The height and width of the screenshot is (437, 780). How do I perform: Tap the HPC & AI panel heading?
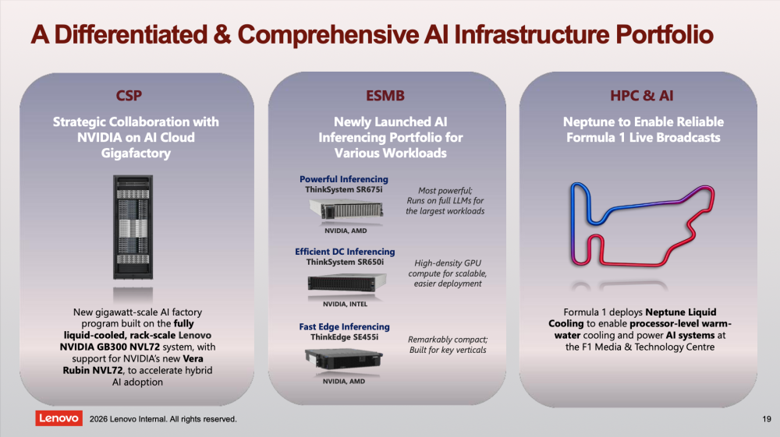pos(642,97)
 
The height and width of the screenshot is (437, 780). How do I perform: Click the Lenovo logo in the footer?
pos(58,418)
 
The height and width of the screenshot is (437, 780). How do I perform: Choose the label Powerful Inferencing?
pos(344,179)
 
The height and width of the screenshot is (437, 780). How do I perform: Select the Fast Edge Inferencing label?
pos(344,327)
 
